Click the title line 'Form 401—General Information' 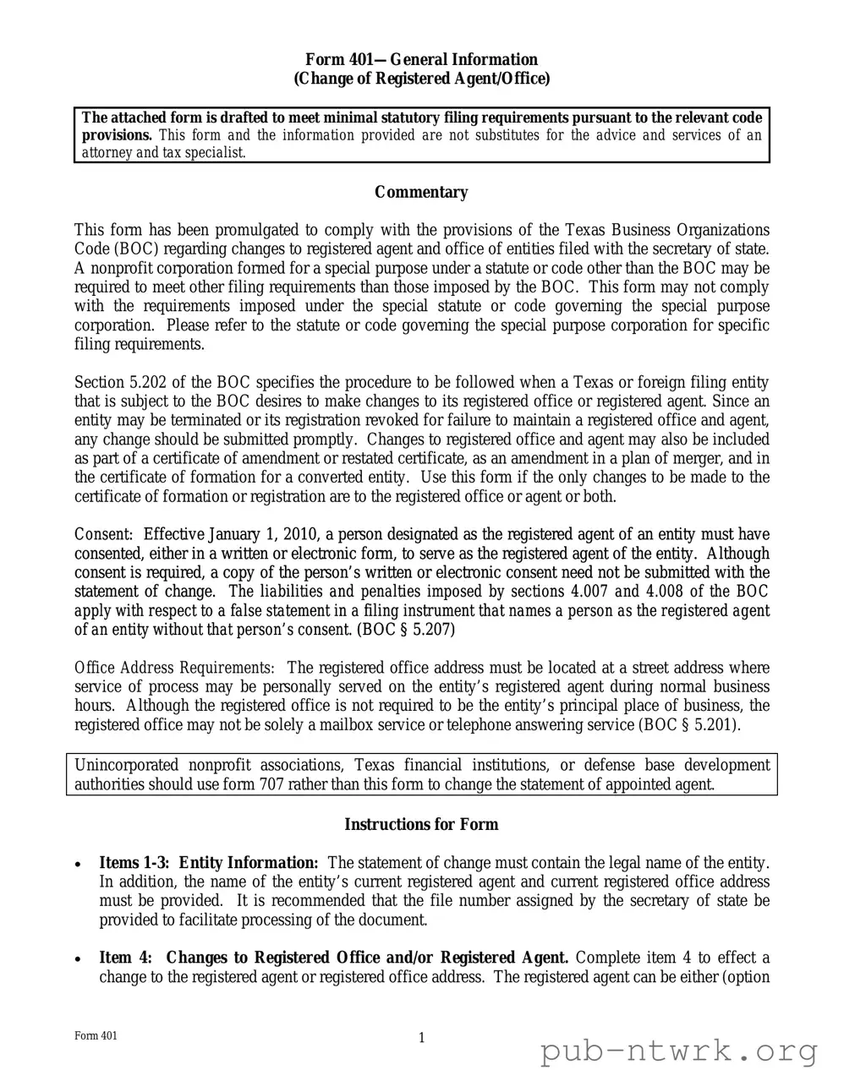pos(421,59)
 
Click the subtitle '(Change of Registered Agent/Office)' pos(421,79)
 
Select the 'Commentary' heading pos(421,193)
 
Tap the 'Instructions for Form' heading pos(421,825)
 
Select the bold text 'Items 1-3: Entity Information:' pos(209,863)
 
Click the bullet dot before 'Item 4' pos(79,960)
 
